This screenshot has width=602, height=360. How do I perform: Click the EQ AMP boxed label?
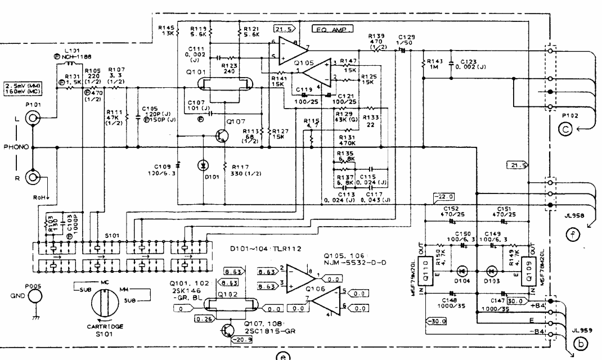point(332,27)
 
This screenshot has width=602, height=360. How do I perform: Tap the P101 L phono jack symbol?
point(33,119)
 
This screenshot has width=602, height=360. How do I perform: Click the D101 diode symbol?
point(203,166)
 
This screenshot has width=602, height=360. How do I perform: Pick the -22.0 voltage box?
point(443,196)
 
